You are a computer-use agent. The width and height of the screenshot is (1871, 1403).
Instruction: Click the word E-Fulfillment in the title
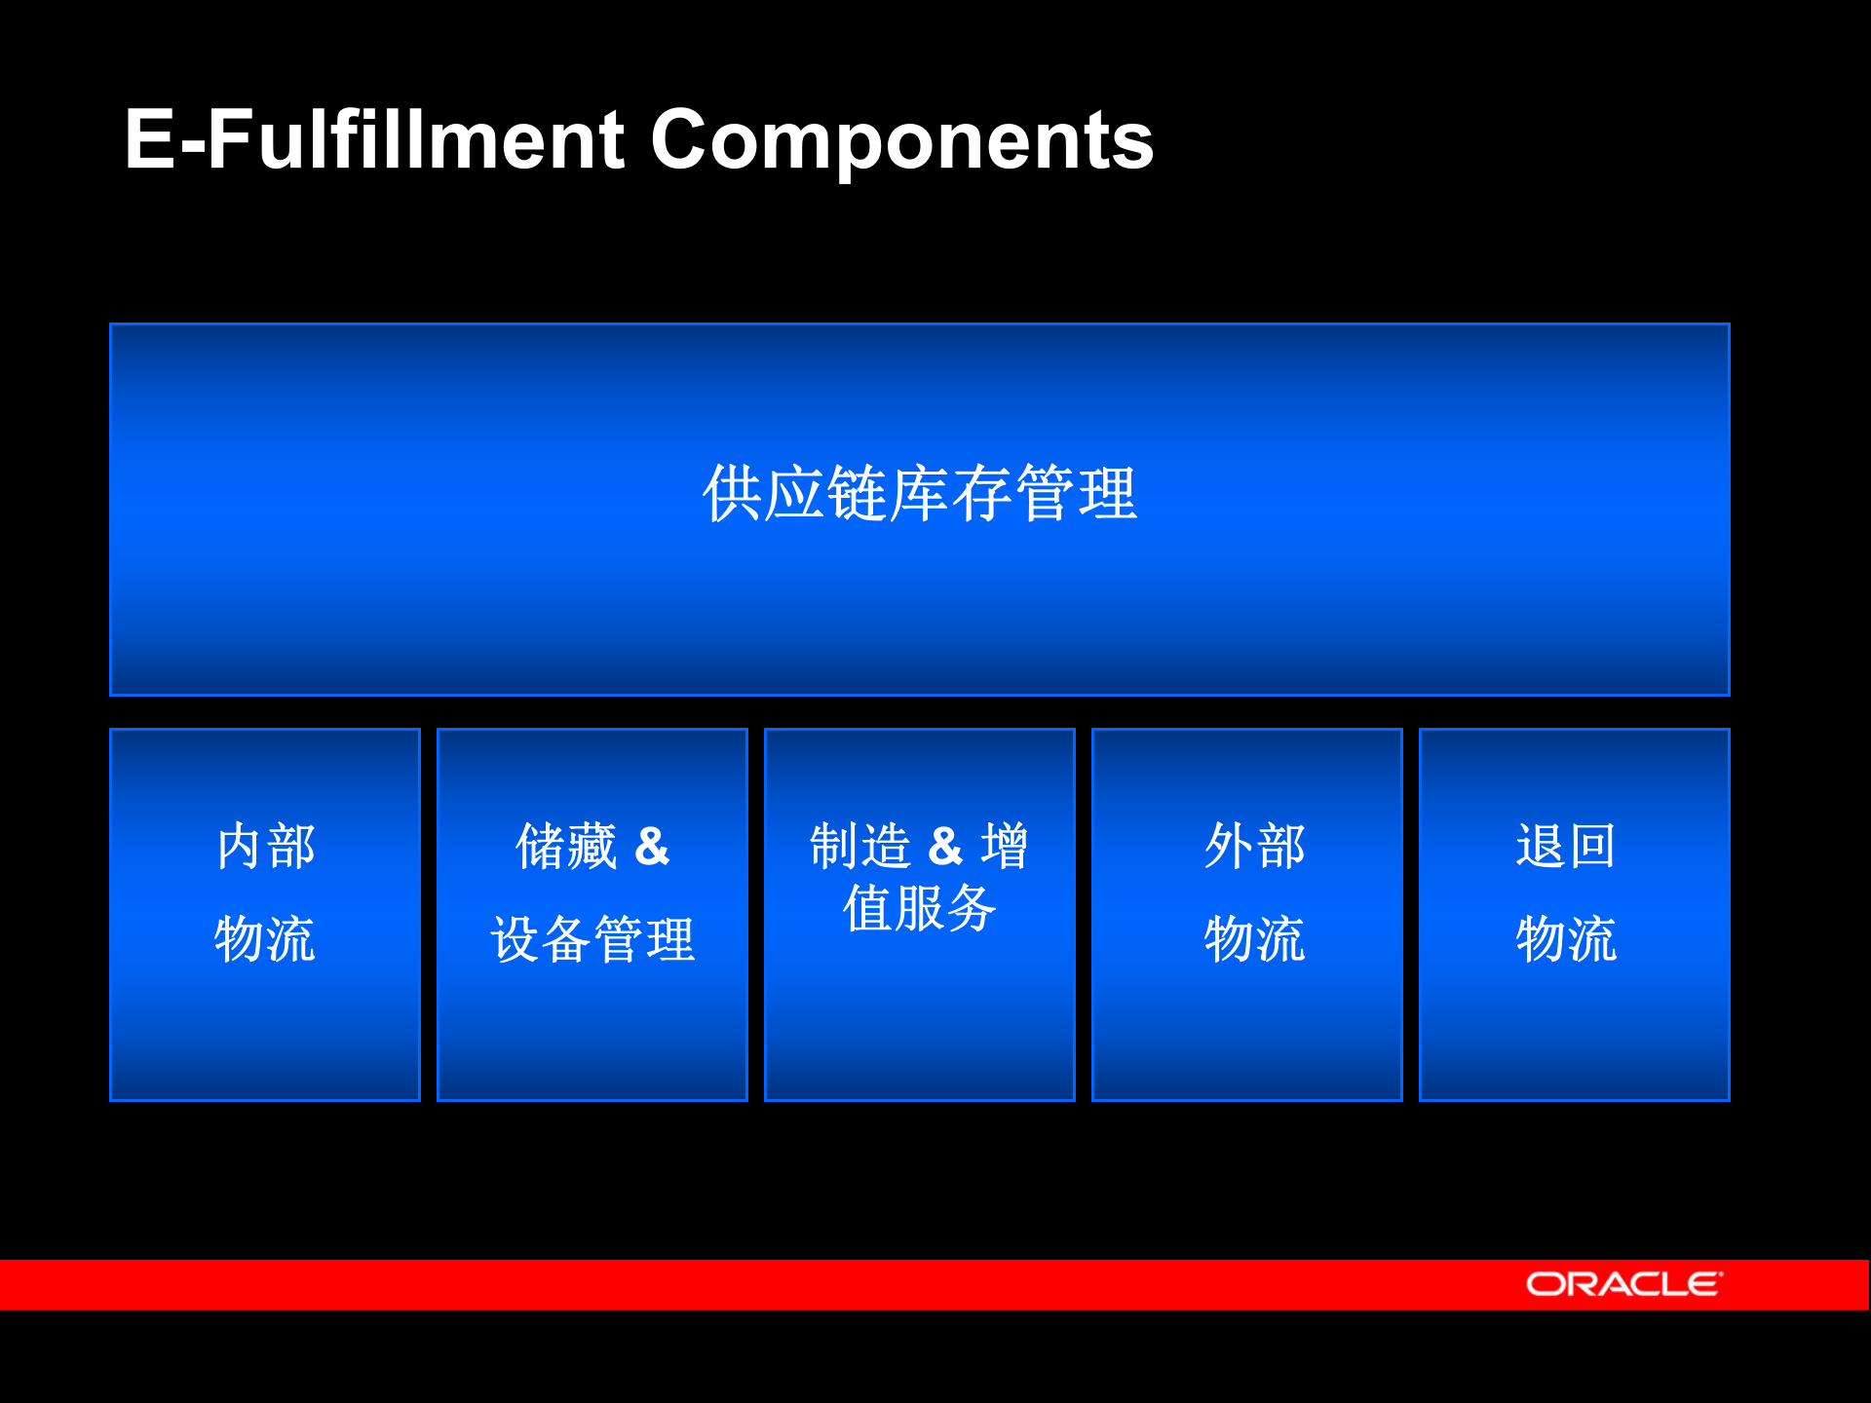pos(374,141)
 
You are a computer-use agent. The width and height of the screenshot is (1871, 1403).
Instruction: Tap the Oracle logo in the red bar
pos(1623,1284)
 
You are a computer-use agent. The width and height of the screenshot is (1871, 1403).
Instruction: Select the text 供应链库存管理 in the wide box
pos(919,494)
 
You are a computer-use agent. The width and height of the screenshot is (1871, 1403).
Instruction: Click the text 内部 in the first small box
pos(265,846)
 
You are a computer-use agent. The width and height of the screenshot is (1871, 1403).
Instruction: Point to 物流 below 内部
pos(265,939)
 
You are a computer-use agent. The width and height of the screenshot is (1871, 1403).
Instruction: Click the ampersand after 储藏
pos(652,846)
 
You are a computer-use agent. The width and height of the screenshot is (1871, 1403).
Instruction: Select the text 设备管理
pos(592,939)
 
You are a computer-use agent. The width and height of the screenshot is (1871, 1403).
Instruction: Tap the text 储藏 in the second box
pos(566,846)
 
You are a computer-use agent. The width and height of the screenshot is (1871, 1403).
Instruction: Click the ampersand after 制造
pos(944,846)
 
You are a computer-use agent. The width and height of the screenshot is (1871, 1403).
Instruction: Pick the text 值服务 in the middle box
pos(919,908)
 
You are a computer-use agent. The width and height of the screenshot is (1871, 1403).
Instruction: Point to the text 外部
pos(1254,846)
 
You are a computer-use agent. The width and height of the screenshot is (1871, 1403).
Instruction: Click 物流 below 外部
pos(1254,939)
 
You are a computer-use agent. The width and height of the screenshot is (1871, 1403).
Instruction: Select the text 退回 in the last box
pos(1566,846)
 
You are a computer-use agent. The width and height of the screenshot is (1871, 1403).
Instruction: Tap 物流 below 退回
pos(1566,939)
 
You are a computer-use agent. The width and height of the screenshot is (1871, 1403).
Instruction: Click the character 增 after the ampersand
pos(1004,846)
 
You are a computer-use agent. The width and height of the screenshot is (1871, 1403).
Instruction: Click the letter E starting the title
pos(149,141)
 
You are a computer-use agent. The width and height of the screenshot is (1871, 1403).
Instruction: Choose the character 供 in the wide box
pos(732,494)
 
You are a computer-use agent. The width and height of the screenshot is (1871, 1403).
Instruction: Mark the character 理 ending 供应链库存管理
pos(1107,494)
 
